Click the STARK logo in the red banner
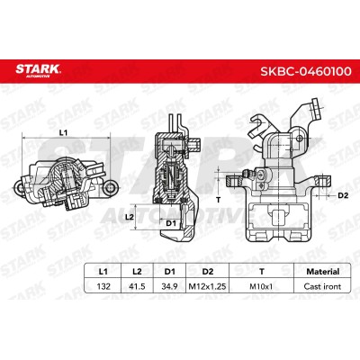click(38, 70)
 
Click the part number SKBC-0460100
click(306, 71)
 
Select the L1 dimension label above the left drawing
click(63, 132)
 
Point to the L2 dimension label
click(129, 217)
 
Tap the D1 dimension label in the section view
click(171, 223)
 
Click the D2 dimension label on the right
click(343, 195)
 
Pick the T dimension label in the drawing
click(219, 200)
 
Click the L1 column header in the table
click(103, 272)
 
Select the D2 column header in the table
click(208, 272)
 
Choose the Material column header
click(323, 272)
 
